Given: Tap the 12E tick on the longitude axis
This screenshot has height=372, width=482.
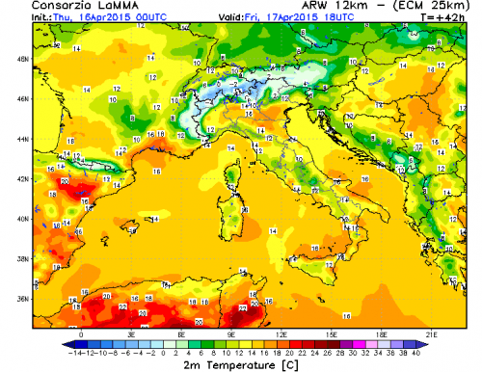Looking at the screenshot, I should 282,334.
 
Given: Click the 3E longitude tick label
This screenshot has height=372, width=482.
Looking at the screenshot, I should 131,334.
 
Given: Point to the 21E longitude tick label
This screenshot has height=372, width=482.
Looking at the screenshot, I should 433,334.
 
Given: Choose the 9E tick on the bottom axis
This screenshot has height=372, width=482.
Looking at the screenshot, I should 232,334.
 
